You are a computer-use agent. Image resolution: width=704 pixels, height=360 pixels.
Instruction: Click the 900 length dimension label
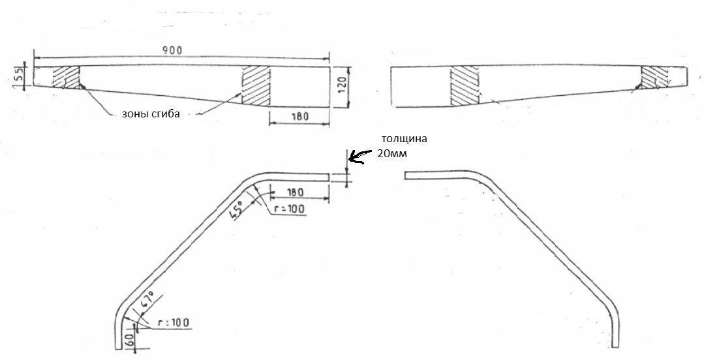click(x=172, y=50)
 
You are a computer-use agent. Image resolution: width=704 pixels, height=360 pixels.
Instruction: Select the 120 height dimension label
click(x=342, y=83)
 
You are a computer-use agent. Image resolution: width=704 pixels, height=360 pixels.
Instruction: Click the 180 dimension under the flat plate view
click(x=299, y=116)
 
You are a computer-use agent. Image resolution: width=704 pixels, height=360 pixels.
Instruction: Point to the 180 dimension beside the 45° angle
click(x=295, y=192)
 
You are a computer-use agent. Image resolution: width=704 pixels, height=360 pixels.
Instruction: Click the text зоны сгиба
click(x=151, y=113)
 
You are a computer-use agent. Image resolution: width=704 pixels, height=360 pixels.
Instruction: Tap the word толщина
click(x=404, y=138)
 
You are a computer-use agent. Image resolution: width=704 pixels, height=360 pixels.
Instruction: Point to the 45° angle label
click(x=236, y=209)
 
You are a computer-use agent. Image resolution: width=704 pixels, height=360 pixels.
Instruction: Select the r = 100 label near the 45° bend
click(x=289, y=209)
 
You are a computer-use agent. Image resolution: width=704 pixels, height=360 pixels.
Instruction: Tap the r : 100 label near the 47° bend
click(x=174, y=322)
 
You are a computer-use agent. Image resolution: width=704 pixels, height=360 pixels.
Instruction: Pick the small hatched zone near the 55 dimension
click(x=66, y=77)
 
